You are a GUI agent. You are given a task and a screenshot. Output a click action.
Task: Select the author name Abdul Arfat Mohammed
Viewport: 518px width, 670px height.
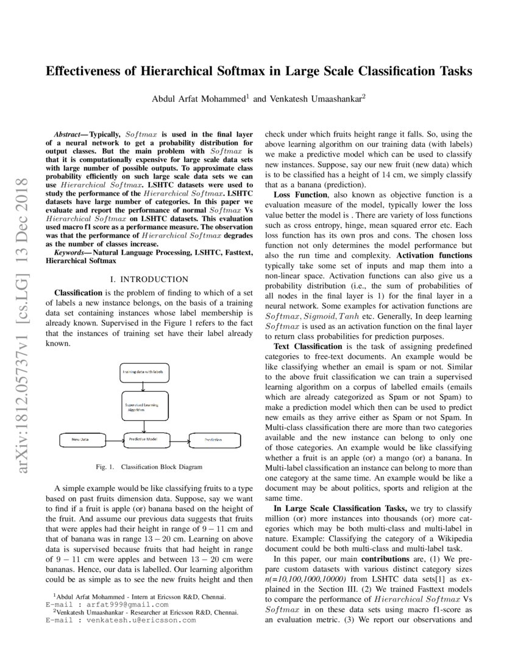[199, 98]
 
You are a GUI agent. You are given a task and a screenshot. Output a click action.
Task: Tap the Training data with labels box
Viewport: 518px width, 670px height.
[143, 371]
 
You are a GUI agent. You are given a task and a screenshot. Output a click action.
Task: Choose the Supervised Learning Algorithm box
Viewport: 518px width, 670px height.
[143, 406]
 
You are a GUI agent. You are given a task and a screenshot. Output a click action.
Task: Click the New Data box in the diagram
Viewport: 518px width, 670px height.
[82, 439]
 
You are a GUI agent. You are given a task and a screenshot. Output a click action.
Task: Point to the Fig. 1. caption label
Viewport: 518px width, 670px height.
[105, 467]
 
